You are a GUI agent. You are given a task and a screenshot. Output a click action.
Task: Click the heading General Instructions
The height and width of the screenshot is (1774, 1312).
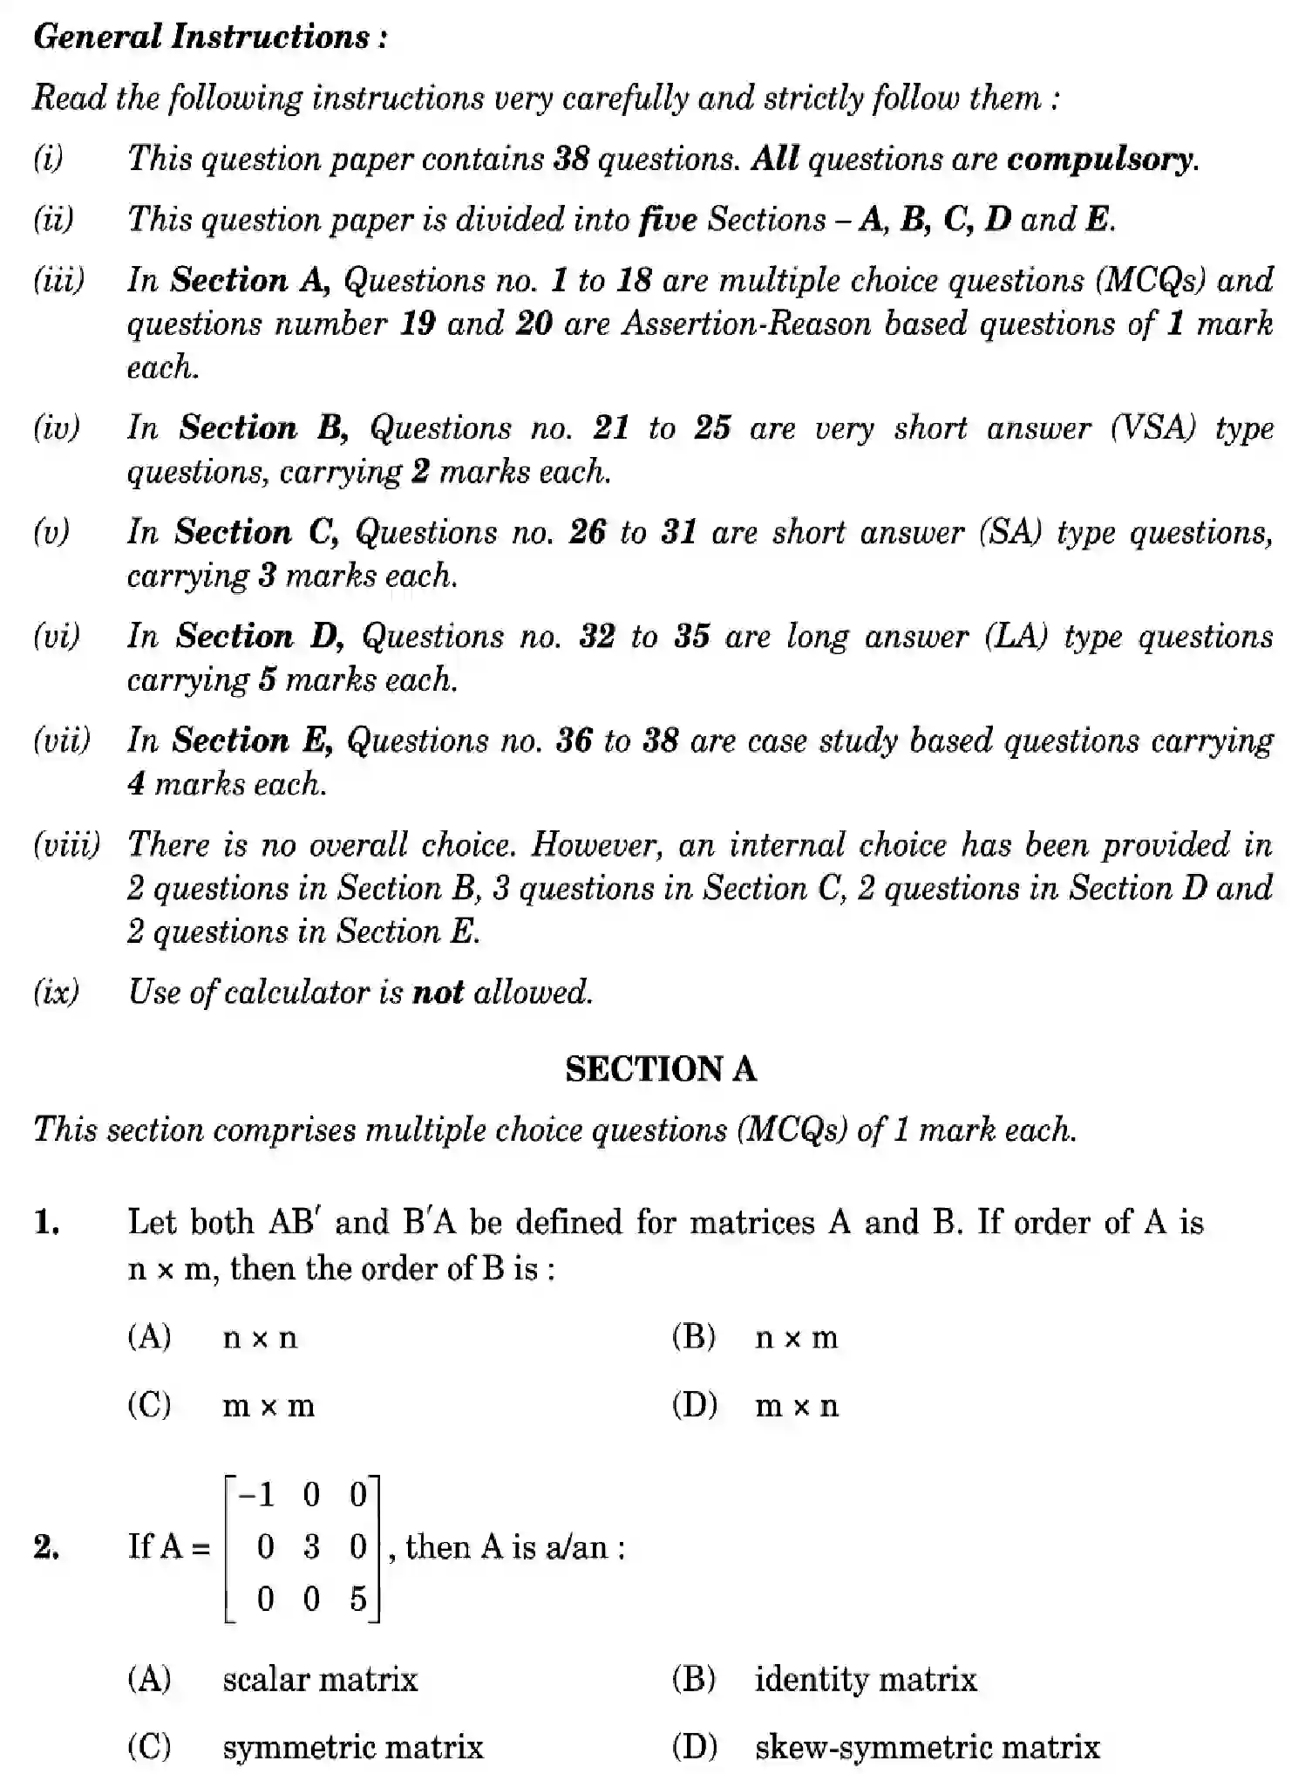(209, 37)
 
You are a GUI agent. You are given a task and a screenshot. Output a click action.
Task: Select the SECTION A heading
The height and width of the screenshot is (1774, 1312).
(660, 1069)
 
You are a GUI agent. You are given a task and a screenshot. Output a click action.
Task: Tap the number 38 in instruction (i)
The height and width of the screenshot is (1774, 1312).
(572, 159)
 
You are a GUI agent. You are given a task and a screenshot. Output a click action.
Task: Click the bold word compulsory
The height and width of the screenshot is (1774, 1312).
(1101, 160)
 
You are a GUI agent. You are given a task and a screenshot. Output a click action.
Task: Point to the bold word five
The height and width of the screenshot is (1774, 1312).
(668, 220)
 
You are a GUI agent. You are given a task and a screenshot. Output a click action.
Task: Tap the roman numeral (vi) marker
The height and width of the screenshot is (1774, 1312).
(57, 636)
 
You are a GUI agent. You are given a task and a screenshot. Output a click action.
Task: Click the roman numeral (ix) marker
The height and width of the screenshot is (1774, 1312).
(56, 993)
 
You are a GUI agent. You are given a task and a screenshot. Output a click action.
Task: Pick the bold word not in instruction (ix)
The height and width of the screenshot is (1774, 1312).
(438, 993)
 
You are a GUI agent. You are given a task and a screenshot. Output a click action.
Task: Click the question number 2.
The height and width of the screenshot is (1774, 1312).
(46, 1547)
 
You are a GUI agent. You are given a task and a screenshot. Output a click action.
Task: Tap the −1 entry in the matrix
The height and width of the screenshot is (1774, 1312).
(256, 1495)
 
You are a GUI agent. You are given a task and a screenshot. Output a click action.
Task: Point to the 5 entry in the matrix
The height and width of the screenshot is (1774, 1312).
(358, 1599)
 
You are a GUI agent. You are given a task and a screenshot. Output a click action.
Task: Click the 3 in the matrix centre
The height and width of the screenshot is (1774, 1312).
(311, 1547)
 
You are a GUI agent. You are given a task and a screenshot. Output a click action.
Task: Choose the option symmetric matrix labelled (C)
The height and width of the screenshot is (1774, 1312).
(352, 1747)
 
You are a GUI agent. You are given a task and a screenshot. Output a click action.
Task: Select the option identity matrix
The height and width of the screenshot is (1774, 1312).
(865, 1679)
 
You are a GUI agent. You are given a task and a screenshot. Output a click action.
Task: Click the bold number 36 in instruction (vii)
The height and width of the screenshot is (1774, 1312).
(574, 740)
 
